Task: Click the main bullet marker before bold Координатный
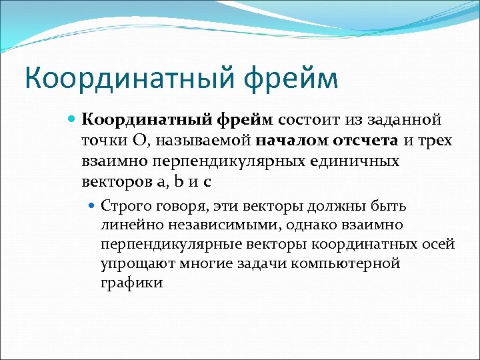(73, 120)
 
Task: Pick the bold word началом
(286, 141)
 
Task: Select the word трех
(433, 141)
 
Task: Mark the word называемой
(210, 141)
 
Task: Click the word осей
(439, 244)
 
